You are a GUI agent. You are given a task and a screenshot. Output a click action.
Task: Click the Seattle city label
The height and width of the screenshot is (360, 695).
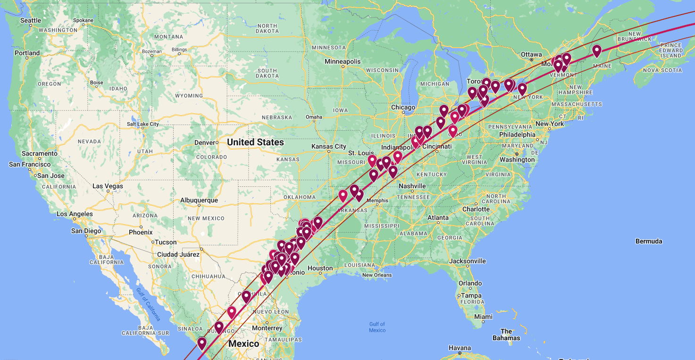(31, 20)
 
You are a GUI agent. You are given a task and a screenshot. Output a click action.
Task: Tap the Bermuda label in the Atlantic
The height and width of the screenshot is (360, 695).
(649, 241)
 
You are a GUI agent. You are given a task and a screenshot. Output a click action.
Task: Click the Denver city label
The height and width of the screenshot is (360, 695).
(204, 142)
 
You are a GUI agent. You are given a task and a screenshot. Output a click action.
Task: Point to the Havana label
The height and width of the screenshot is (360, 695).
(460, 348)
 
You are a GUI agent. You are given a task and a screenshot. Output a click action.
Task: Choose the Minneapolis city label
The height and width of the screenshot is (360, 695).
(343, 61)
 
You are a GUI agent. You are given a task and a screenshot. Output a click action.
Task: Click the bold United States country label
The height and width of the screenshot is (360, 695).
(255, 142)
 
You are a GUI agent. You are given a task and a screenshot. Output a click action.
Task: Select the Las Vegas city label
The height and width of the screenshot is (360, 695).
(107, 186)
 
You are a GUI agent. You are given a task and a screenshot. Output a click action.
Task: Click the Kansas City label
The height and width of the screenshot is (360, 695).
(329, 147)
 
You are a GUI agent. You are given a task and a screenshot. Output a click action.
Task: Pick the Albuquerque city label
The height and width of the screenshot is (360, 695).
(199, 200)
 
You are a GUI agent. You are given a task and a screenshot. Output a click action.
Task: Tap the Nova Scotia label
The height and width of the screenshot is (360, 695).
(662, 70)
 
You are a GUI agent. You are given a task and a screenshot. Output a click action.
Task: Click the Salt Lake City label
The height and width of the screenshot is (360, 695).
(143, 124)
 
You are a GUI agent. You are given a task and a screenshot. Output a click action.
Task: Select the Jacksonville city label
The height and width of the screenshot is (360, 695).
(468, 261)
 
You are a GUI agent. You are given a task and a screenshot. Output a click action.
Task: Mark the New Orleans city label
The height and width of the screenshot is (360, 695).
(377, 275)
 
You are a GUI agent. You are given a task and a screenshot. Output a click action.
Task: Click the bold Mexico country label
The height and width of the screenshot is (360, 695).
(243, 343)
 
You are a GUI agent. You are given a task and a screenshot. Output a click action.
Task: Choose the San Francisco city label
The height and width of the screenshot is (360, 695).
(30, 164)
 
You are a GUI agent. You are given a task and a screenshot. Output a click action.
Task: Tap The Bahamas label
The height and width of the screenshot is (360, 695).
(506, 335)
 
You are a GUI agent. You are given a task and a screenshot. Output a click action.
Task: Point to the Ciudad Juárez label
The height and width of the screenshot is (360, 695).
(179, 254)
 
